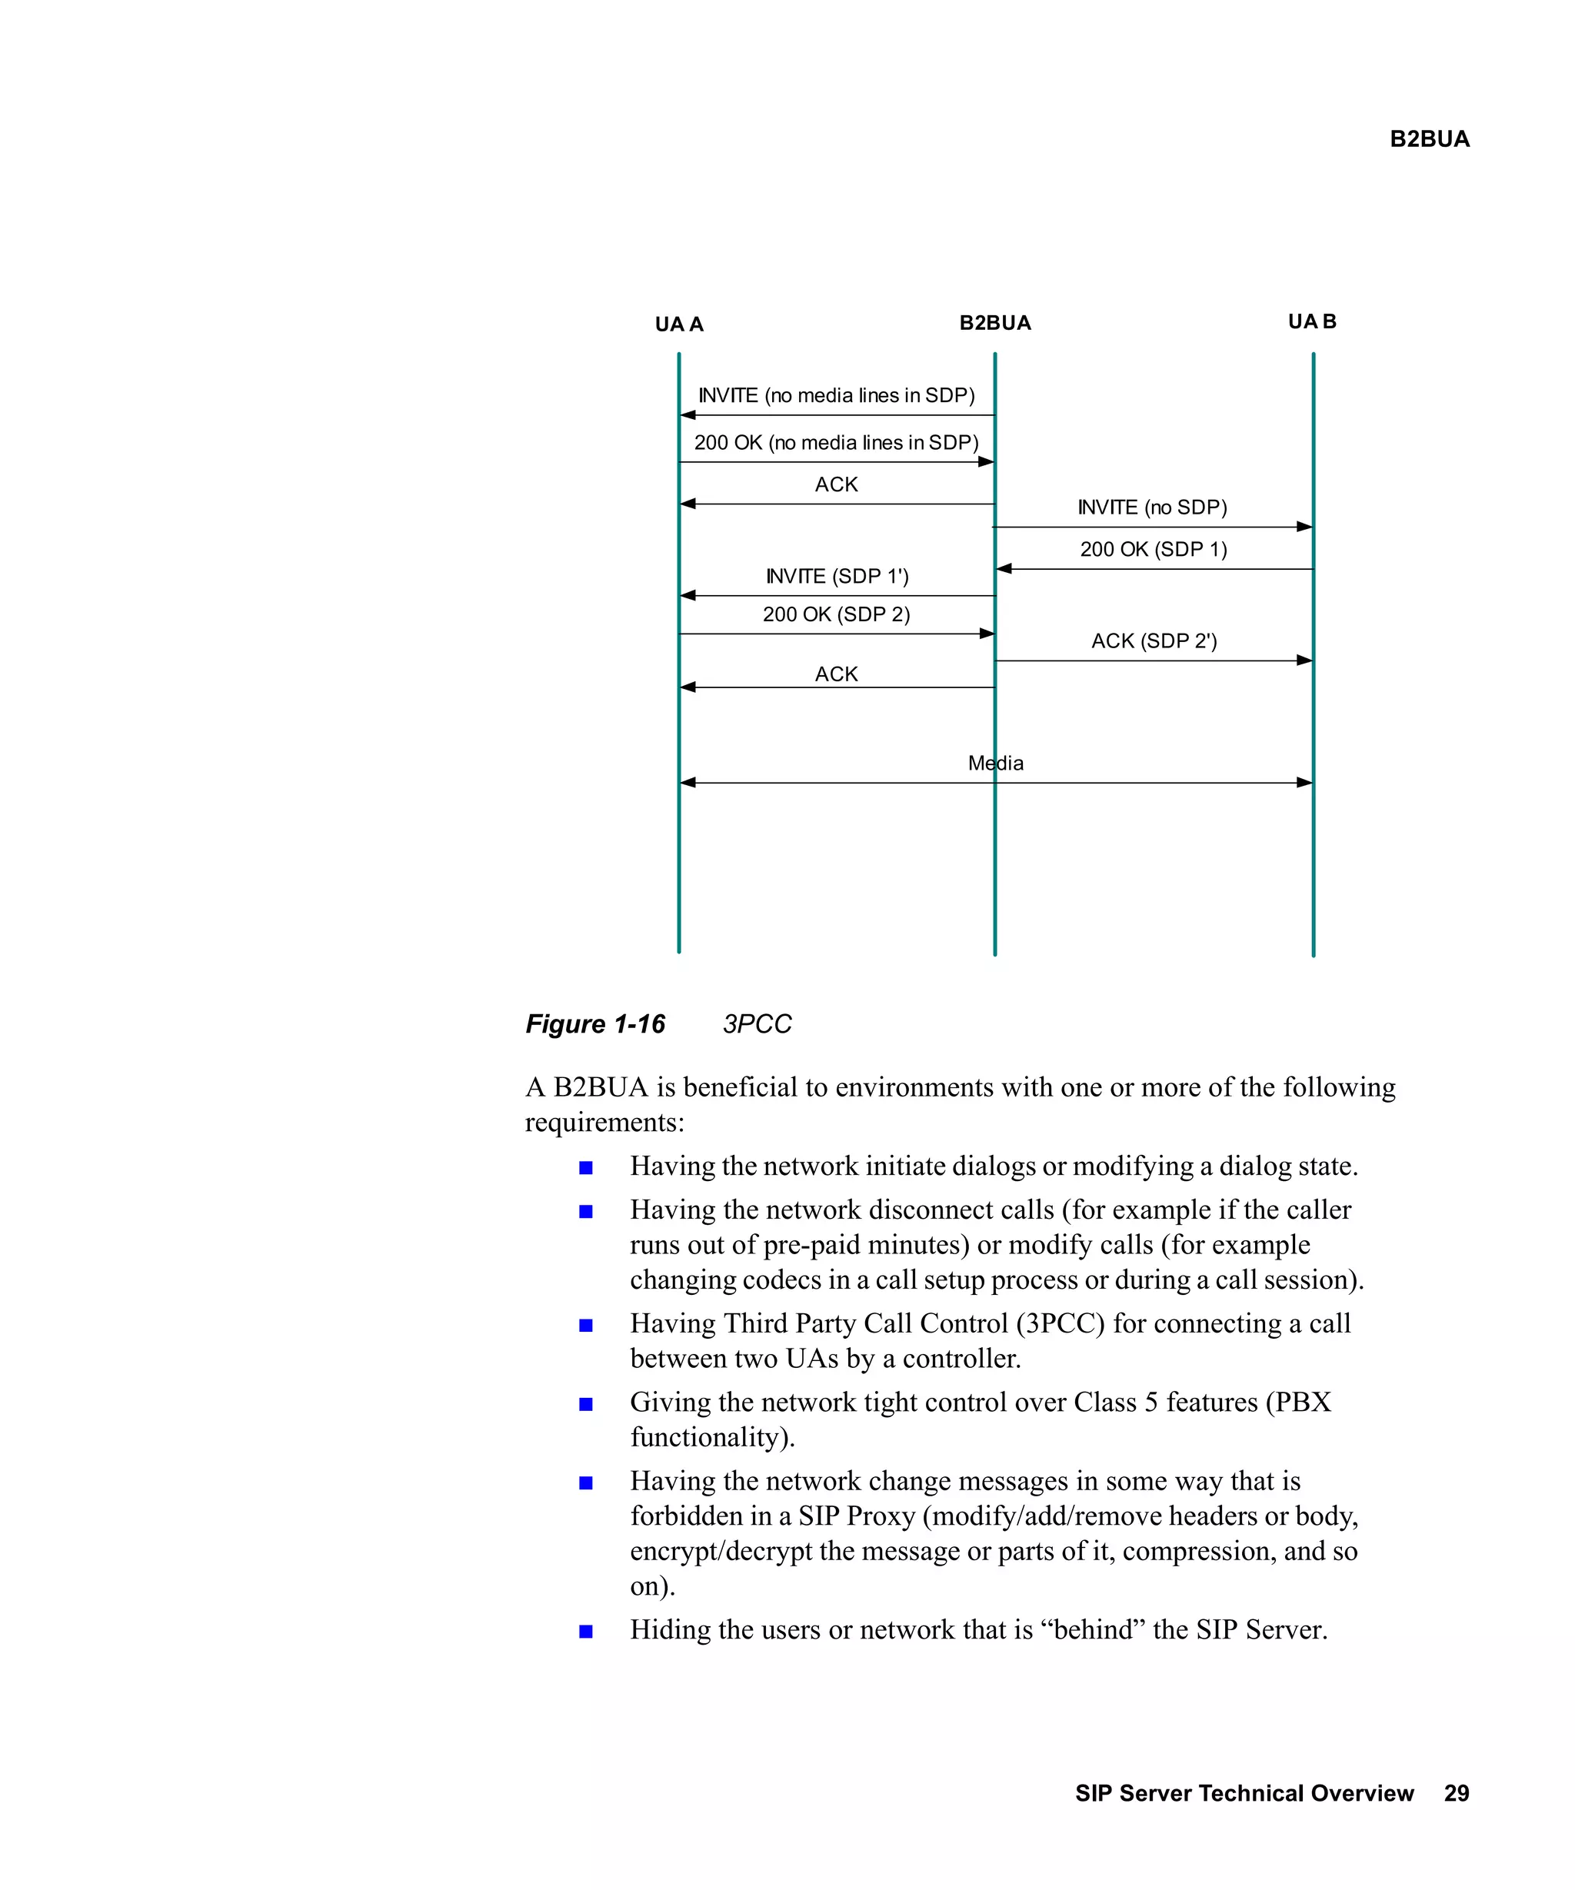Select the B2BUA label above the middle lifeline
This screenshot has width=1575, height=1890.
pyautogui.click(x=994, y=323)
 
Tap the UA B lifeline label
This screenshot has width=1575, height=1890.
pyautogui.click(x=1311, y=321)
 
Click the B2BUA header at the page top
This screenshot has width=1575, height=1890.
pyautogui.click(x=1429, y=138)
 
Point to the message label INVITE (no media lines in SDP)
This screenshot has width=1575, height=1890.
pyautogui.click(x=836, y=395)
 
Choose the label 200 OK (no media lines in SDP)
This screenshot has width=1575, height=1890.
pyautogui.click(x=836, y=443)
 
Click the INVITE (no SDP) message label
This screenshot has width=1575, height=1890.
pyautogui.click(x=1152, y=507)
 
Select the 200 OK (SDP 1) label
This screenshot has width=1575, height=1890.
pyautogui.click(x=1153, y=549)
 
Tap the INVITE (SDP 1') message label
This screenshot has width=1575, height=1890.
pyautogui.click(x=837, y=576)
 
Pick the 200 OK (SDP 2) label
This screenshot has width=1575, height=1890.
pyautogui.click(x=836, y=614)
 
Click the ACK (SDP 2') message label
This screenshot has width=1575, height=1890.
pyautogui.click(x=1154, y=641)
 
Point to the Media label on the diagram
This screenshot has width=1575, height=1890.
pyautogui.click(x=995, y=764)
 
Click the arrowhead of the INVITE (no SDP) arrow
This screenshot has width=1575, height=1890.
pyautogui.click(x=1304, y=527)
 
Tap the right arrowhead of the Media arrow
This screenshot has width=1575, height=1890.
pyautogui.click(x=1304, y=783)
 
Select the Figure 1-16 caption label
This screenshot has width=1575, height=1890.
pyautogui.click(x=595, y=1024)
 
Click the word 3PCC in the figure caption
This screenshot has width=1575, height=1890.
pyautogui.click(x=757, y=1024)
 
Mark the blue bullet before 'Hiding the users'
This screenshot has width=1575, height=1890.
pyautogui.click(x=586, y=1632)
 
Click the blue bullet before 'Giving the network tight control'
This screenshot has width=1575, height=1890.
pyautogui.click(x=586, y=1404)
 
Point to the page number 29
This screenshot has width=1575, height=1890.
pyautogui.click(x=1457, y=1794)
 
